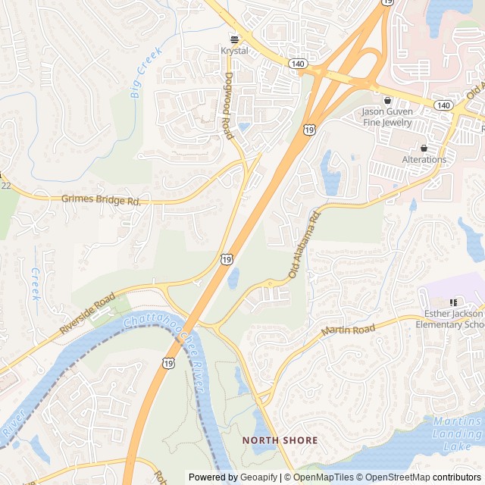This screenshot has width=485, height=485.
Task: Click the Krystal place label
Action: point(234,51)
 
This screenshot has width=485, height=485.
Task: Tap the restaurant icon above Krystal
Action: point(234,38)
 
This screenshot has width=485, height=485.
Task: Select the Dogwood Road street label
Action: point(227,105)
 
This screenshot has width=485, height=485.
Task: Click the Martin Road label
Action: point(349,330)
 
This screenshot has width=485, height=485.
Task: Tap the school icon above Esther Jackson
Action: point(453,302)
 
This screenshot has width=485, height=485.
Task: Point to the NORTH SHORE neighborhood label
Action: point(280,440)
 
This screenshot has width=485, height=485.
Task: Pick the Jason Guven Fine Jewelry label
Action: point(387,117)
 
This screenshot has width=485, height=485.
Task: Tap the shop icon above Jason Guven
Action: point(388,100)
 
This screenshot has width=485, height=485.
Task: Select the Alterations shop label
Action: point(424,160)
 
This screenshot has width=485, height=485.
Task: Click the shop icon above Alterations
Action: point(424,148)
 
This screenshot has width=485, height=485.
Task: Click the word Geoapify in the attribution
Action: point(258,477)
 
